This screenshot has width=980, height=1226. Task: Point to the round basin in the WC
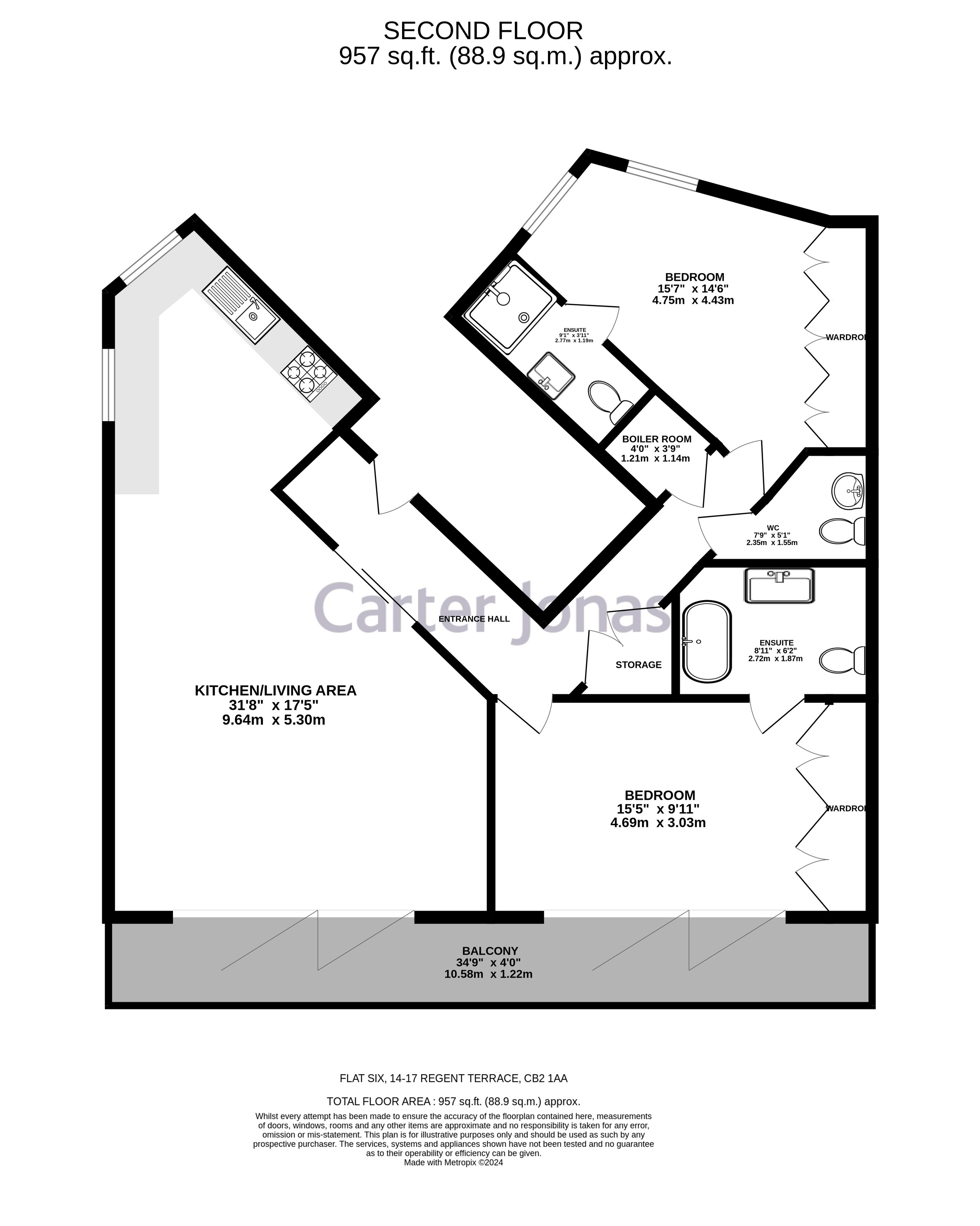click(x=847, y=490)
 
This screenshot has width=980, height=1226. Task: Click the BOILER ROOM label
click(x=656, y=439)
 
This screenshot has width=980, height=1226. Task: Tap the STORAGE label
click(x=638, y=665)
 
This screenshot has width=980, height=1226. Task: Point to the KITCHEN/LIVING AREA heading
click(x=275, y=690)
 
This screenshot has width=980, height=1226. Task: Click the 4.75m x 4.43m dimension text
click(x=693, y=300)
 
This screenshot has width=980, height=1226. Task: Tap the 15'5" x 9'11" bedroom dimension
click(x=658, y=809)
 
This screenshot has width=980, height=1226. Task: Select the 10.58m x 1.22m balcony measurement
click(x=488, y=974)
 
